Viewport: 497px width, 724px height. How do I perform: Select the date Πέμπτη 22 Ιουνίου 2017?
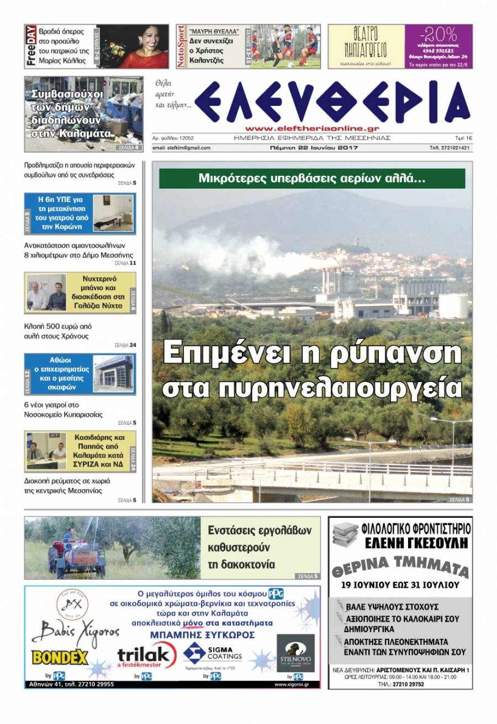[x=314, y=148]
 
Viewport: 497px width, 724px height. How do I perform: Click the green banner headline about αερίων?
[x=312, y=179]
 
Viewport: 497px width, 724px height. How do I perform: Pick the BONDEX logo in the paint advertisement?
[x=60, y=657]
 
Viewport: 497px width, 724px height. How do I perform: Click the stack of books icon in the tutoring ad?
[x=345, y=535]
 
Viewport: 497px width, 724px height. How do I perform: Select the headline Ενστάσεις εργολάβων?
[x=260, y=531]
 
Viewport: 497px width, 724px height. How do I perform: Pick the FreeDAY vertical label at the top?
[x=31, y=46]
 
